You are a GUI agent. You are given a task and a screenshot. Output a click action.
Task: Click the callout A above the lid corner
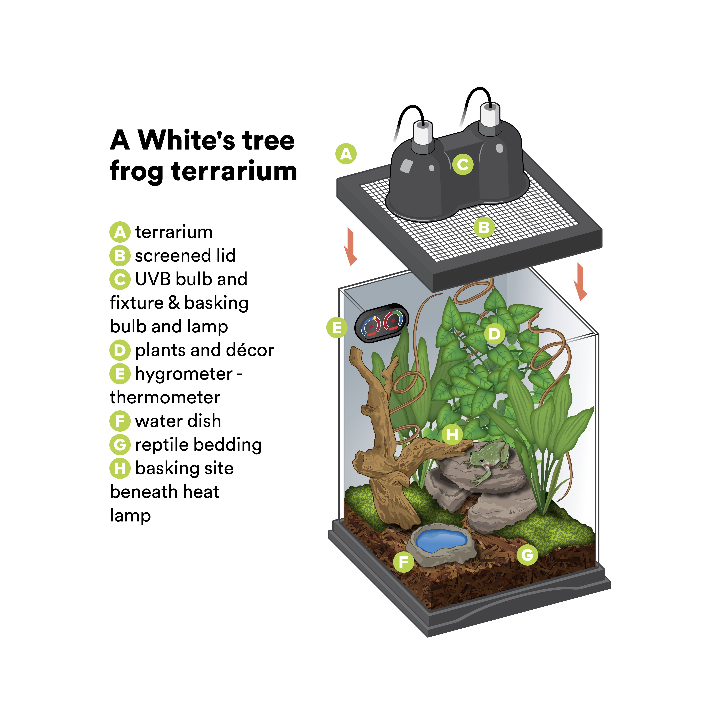pyautogui.click(x=346, y=154)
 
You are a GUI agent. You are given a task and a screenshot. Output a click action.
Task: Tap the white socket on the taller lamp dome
pyautogui.click(x=490, y=115)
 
